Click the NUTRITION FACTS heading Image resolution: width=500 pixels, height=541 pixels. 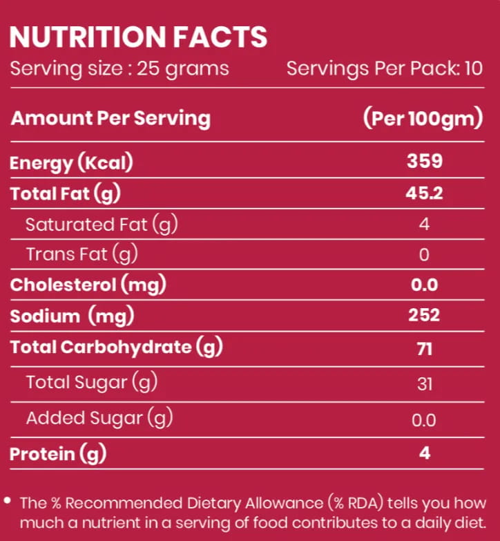138,37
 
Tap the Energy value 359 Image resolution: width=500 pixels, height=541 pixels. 425,161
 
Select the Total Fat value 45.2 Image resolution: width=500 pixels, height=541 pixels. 424,193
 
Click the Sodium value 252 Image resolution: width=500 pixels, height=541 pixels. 424,315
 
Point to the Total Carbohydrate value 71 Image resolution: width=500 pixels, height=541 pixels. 425,349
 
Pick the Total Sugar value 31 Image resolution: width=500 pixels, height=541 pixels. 425,384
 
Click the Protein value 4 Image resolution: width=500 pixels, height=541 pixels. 425,453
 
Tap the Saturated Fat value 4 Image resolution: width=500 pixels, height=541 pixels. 424,225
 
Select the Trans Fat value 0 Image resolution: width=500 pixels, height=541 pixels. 424,255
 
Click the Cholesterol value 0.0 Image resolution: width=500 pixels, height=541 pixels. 424,285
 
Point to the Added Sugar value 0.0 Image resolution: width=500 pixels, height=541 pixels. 424,420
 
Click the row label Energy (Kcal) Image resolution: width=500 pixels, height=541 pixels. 71,162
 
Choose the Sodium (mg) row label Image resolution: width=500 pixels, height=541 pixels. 72,316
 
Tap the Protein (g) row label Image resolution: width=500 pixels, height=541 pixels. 58,453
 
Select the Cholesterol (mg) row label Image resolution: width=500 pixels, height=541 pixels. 88,285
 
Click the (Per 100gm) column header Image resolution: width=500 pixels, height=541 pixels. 423,118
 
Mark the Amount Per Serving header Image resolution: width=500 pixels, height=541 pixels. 110,119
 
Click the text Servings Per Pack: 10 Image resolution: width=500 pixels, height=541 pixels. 385,68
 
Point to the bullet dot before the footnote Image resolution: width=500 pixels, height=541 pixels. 7,501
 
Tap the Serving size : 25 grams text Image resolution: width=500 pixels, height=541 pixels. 119,68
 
